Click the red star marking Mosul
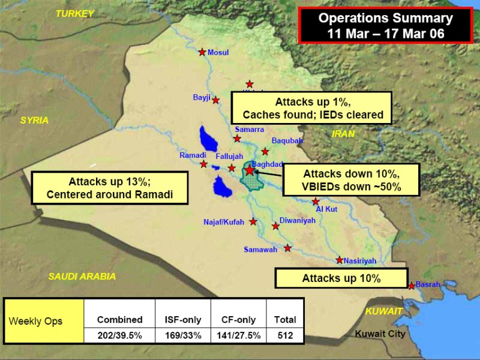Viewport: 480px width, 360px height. pyautogui.click(x=202, y=52)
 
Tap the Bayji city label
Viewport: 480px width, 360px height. pyautogui.click(x=202, y=97)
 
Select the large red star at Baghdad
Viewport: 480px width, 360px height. pyautogui.click(x=250, y=170)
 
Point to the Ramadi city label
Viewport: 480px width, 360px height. pyautogui.click(x=193, y=155)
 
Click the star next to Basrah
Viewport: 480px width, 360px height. pyautogui.click(x=412, y=286)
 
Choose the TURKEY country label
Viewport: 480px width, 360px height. pyautogui.click(x=75, y=13)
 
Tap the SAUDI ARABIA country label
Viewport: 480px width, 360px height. pyautogui.click(x=82, y=277)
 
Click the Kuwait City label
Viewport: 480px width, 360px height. pyautogui.click(x=380, y=334)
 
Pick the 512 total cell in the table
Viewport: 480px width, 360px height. pyautogui.click(x=286, y=335)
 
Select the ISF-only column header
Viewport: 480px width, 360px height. pyautogui.click(x=183, y=320)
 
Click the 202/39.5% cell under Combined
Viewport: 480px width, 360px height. pyautogui.click(x=119, y=335)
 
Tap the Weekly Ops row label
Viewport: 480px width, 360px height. pyautogui.click(x=35, y=321)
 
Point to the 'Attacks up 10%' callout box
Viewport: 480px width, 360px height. pyautogui.click(x=341, y=278)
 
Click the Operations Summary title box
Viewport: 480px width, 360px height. pyautogui.click(x=385, y=25)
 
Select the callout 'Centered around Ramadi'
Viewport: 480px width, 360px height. pyautogui.click(x=110, y=188)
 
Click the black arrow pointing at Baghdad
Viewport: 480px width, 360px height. pyautogui.click(x=268, y=174)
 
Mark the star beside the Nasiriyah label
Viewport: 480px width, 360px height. pyautogui.click(x=340, y=260)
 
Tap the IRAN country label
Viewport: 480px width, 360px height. pyautogui.click(x=343, y=134)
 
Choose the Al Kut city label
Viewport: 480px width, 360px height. pyautogui.click(x=326, y=209)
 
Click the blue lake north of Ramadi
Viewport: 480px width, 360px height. pyautogui.click(x=208, y=139)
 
